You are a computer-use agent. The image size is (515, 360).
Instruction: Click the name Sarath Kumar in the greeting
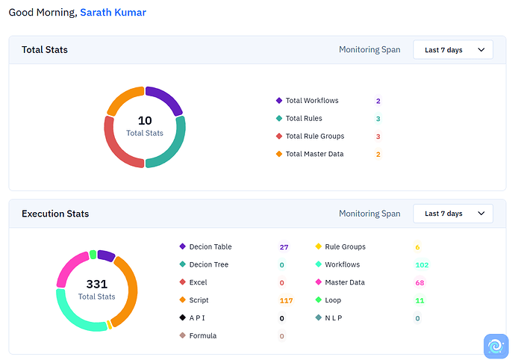pos(113,13)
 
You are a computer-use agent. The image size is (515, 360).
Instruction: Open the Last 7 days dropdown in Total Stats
pos(453,49)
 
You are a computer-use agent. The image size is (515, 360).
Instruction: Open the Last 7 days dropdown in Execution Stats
pos(453,214)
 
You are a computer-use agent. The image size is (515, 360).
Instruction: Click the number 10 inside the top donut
pos(145,121)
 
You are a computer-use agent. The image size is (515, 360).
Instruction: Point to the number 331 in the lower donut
pos(97,284)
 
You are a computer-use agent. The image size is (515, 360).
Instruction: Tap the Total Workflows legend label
pos(312,101)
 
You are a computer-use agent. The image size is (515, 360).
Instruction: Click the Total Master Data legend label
pos(315,154)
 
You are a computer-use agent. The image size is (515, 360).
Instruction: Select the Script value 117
pos(286,300)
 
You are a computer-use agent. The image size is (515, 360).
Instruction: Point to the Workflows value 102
pos(422,265)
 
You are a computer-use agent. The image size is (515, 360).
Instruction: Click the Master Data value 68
pos(419,283)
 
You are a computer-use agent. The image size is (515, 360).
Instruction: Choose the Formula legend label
pos(203,335)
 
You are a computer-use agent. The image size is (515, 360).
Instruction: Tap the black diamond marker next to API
pos(183,317)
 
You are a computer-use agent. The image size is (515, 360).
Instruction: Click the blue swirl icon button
pos(496,346)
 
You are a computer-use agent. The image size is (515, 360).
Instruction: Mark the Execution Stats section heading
pos(55,214)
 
